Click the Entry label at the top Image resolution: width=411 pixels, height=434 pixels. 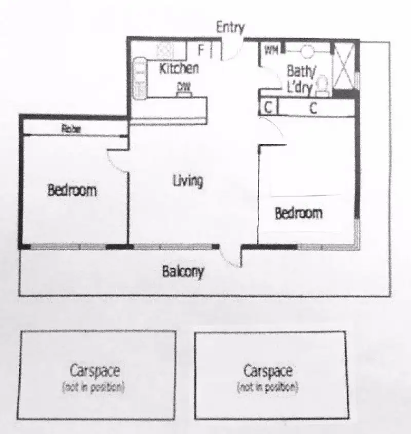230,27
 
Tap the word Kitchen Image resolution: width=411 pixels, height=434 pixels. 178,68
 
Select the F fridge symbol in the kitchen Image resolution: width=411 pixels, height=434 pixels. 201,50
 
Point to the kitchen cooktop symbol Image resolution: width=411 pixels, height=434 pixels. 139,77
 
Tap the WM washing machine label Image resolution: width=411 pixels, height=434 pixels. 271,50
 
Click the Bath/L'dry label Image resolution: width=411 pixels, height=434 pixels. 300,78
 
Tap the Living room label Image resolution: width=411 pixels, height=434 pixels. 188,181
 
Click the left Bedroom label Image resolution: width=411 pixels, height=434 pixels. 72,191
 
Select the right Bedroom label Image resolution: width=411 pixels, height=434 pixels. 298,213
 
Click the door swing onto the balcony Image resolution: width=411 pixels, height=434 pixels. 230,256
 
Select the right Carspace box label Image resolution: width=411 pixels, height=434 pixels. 268,370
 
